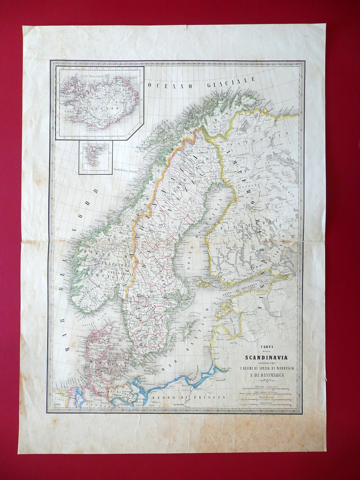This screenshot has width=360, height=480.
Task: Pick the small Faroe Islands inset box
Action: [95, 158]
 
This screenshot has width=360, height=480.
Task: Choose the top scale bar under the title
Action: [264, 388]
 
